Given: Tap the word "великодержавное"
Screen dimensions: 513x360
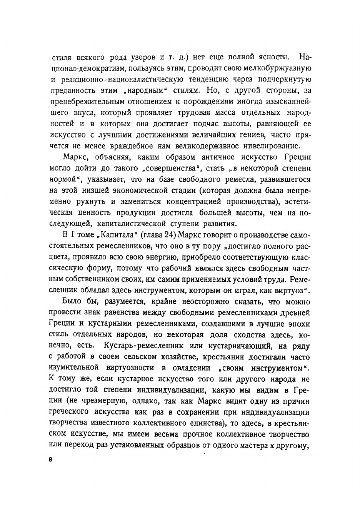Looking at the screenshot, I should coord(206,146).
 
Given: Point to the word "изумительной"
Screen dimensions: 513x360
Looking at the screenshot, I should coord(80,368).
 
